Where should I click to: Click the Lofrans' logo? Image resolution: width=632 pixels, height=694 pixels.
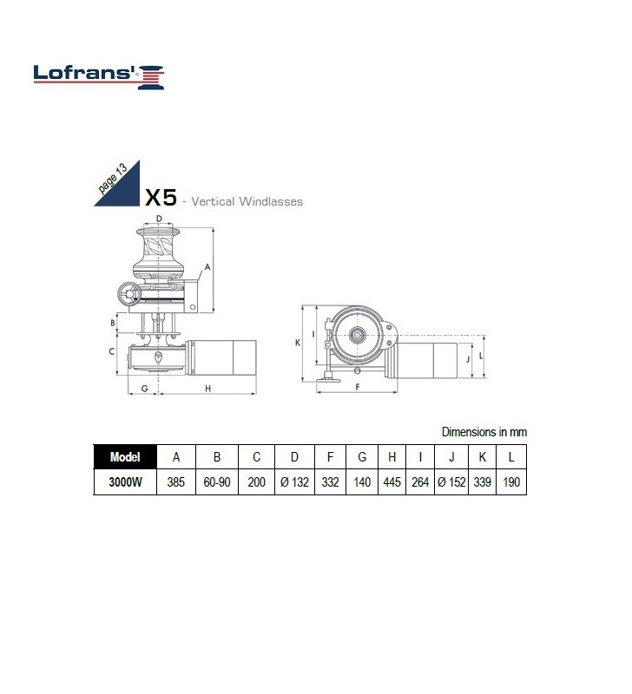tap(99, 76)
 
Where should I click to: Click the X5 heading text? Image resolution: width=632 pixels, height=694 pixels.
tap(161, 198)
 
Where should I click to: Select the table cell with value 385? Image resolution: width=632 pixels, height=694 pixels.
tap(176, 482)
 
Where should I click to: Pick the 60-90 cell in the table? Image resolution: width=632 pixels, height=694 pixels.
tap(216, 482)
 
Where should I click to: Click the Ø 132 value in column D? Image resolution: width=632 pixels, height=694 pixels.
tap(294, 482)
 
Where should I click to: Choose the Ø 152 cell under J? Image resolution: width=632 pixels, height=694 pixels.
tap(451, 482)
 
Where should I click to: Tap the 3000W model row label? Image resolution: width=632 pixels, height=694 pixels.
tap(125, 482)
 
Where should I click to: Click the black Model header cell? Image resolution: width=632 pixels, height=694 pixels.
tap(125, 457)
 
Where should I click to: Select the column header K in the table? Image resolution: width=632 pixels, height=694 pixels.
tap(482, 457)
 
